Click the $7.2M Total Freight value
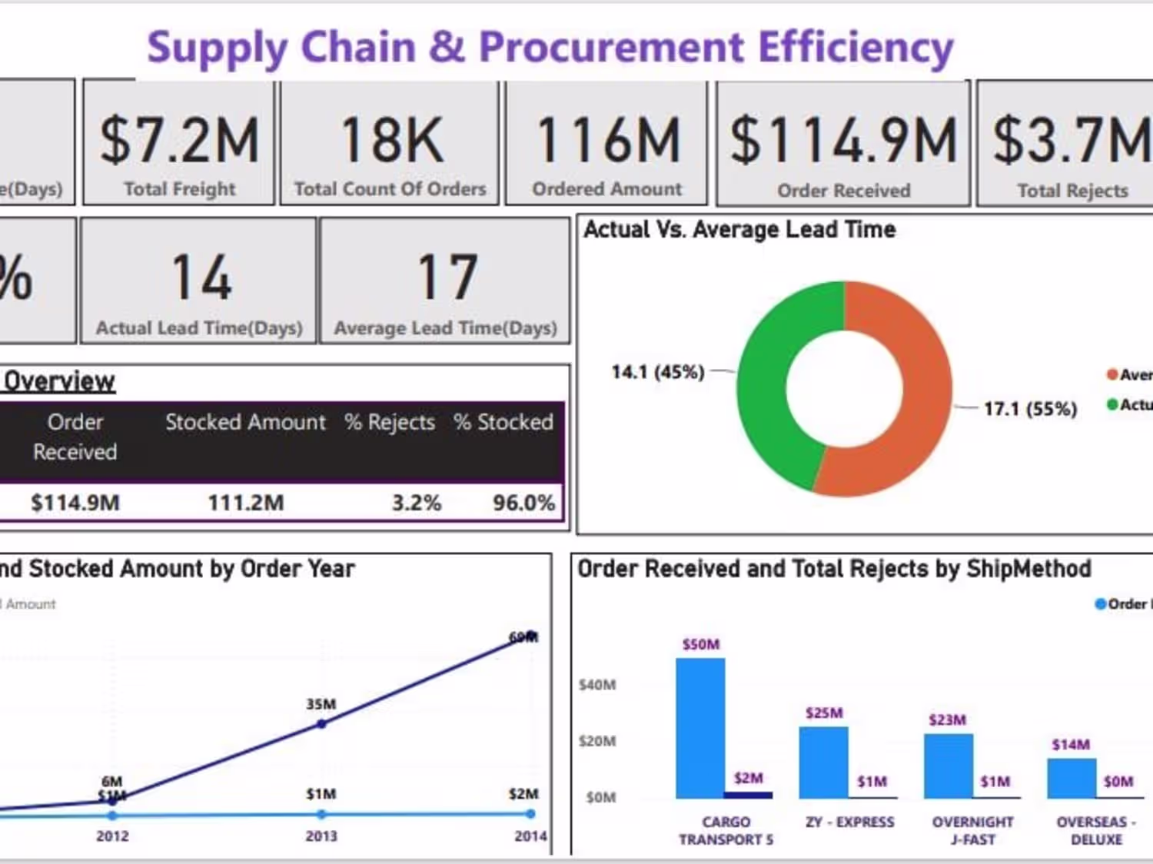pyautogui.click(x=180, y=141)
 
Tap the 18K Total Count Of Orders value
pyautogui.click(x=391, y=141)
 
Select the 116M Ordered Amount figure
pyautogui.click(x=608, y=141)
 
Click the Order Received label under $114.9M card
pyautogui.click(x=843, y=191)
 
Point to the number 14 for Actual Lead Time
pyautogui.click(x=201, y=277)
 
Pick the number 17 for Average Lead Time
pyautogui.click(x=447, y=277)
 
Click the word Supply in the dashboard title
pyautogui.click(x=218, y=48)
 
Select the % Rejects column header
pyautogui.click(x=389, y=422)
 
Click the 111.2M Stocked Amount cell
pyautogui.click(x=246, y=503)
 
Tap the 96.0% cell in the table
pyautogui.click(x=523, y=503)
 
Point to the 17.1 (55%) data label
pyautogui.click(x=1030, y=408)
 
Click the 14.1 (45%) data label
pyautogui.click(x=658, y=372)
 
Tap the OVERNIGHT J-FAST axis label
pyautogui.click(x=972, y=831)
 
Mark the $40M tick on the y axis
pyautogui.click(x=597, y=685)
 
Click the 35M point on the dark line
pyautogui.click(x=321, y=723)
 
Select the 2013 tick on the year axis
pyautogui.click(x=321, y=836)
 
